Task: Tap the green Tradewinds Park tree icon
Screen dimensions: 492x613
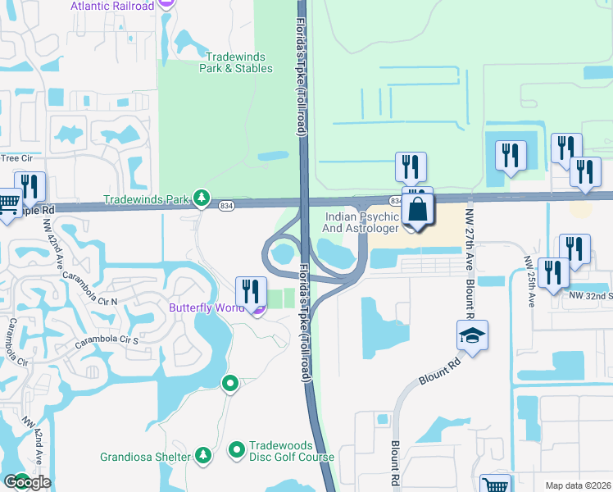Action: (x=202, y=198)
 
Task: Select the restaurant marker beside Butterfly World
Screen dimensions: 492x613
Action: (x=251, y=292)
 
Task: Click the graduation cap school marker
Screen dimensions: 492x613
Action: (x=473, y=335)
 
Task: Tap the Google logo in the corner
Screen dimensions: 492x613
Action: (x=27, y=481)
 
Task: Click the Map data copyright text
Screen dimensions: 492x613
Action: (x=578, y=485)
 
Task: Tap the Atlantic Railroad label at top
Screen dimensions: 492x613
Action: (x=112, y=6)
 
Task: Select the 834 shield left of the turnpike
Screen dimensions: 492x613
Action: (x=228, y=205)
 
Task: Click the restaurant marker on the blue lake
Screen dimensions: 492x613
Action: (x=511, y=156)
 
